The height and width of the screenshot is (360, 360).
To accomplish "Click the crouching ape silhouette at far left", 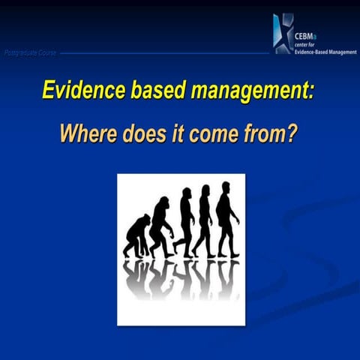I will tap(136, 235).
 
